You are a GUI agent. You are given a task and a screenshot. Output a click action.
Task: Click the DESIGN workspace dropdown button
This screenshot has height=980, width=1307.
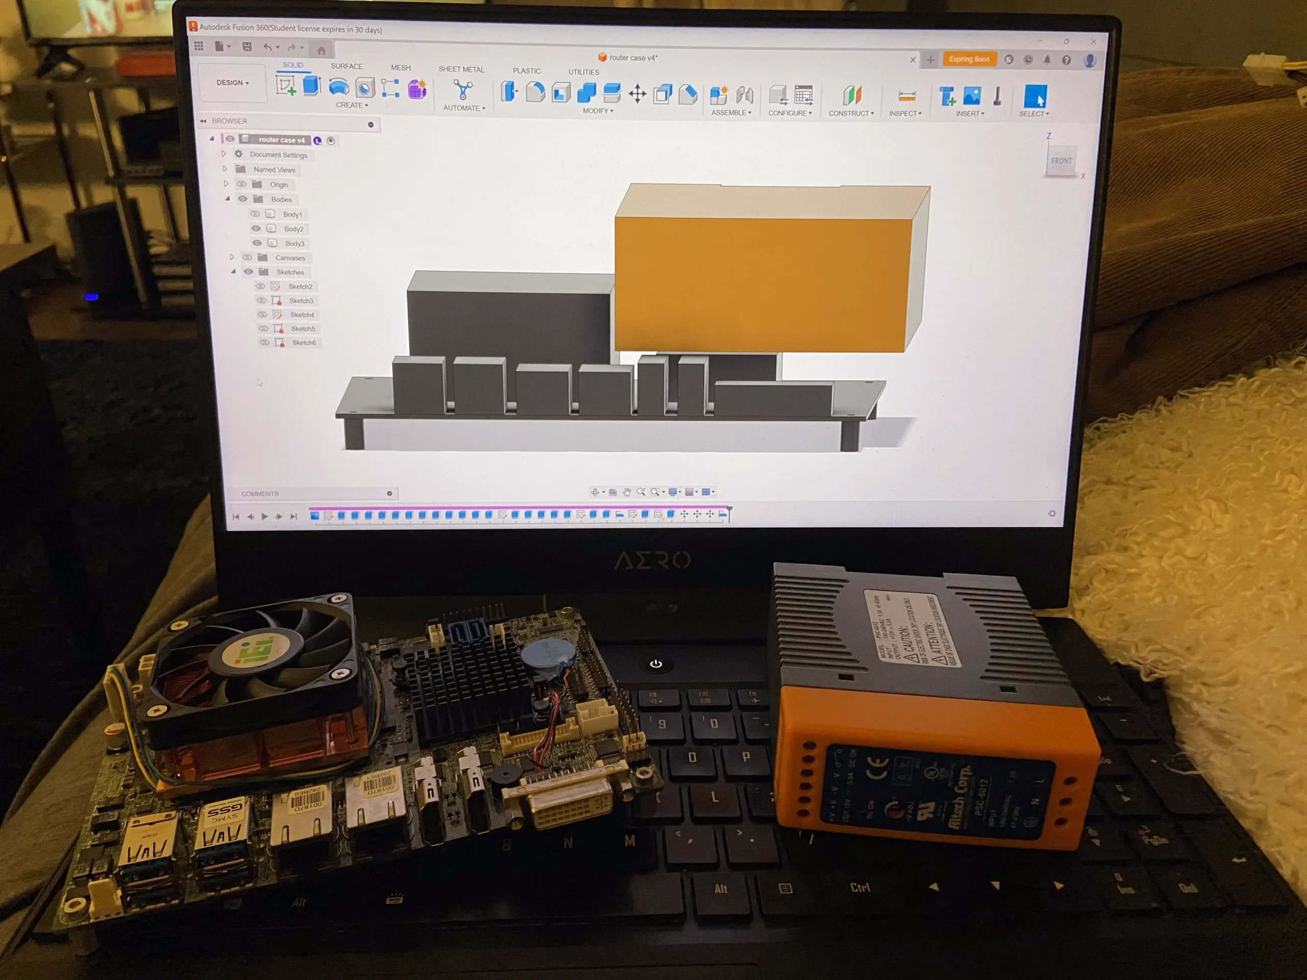tap(232, 83)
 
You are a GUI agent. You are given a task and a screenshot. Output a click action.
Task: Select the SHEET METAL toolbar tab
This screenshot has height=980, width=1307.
tap(461, 69)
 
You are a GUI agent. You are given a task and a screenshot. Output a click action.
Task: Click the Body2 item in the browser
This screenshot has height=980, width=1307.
tap(293, 229)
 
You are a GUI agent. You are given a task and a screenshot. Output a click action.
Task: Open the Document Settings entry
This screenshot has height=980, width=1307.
tap(278, 155)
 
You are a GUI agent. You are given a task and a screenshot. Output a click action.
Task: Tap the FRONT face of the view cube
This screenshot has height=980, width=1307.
tap(1061, 161)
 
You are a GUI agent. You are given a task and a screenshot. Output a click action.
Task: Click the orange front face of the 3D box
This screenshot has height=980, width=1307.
tap(762, 284)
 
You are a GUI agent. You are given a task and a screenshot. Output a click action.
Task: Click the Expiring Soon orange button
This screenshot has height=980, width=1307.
tap(969, 59)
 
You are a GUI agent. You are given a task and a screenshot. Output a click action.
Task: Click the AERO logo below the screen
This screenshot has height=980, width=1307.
tap(652, 560)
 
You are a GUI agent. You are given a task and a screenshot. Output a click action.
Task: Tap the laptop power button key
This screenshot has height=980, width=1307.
tap(656, 664)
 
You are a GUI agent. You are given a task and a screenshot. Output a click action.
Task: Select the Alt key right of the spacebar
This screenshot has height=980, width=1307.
tap(721, 889)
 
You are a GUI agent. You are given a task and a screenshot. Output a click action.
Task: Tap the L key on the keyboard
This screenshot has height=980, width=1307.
tap(715, 797)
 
